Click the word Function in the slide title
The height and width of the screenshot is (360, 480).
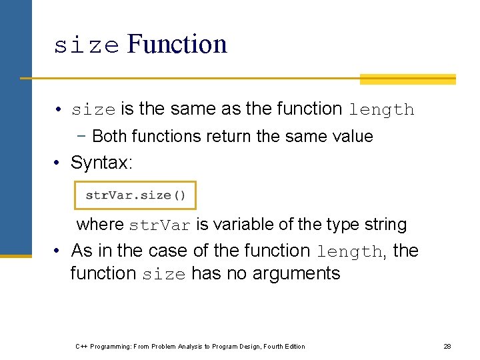[177, 44]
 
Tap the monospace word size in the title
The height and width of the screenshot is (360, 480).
[87, 45]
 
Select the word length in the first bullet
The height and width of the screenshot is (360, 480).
[381, 109]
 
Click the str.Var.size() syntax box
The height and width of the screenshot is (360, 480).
[135, 196]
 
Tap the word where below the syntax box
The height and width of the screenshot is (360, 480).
[100, 225]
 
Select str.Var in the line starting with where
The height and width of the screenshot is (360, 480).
[159, 225]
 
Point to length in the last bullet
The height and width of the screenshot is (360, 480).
[349, 252]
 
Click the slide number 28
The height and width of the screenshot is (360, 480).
[447, 346]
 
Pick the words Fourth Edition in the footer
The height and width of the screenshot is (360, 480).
[283, 346]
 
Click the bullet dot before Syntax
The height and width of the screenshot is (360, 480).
[59, 163]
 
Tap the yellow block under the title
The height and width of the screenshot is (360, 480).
[407, 79]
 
